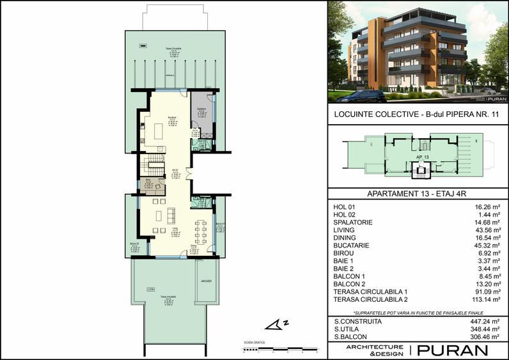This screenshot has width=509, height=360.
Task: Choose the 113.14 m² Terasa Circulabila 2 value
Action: (x=483, y=299)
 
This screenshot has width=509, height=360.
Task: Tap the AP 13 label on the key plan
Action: (x=421, y=157)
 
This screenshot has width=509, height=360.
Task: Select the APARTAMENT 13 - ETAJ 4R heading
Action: (x=417, y=196)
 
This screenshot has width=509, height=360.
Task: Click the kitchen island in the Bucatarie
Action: (x=159, y=133)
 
